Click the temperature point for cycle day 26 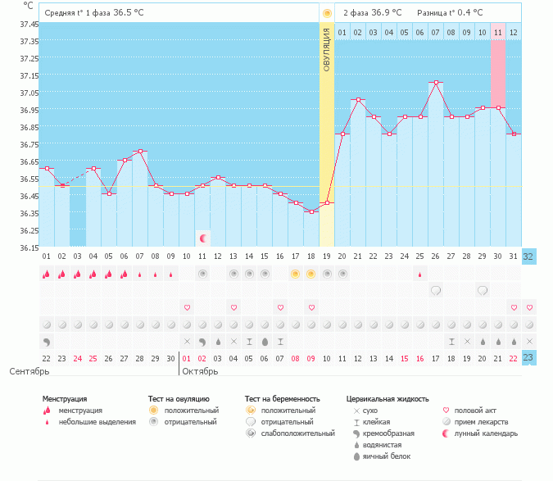click(x=436, y=83)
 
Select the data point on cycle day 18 click(x=312, y=212)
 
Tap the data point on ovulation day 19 click(x=327, y=203)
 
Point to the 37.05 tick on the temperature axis click(x=29, y=93)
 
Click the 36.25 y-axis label click(x=29, y=230)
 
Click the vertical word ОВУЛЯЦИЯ click(x=327, y=50)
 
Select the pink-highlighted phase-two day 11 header click(x=497, y=33)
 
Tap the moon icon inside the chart click(x=203, y=238)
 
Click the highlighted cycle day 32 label click(x=528, y=256)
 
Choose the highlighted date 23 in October click(x=528, y=357)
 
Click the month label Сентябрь click(x=29, y=371)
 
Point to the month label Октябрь click(x=200, y=371)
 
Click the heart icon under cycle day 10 click(x=188, y=307)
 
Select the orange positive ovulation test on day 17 click(x=296, y=274)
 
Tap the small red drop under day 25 click(x=419, y=275)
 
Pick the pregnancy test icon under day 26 click(x=436, y=291)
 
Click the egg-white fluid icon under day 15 click(x=265, y=342)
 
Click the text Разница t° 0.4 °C click(x=450, y=13)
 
